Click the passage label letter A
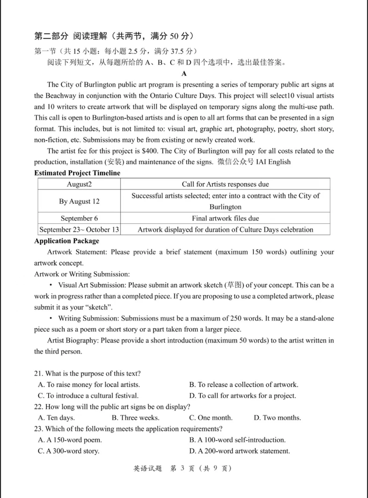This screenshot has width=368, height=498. (184, 74)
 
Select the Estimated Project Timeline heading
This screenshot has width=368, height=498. (77, 173)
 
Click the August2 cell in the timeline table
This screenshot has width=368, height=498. (79, 184)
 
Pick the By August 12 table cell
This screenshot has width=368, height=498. (79, 201)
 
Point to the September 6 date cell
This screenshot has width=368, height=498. (79, 218)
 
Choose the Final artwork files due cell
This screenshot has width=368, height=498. (225, 218)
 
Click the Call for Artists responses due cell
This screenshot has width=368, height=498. (225, 184)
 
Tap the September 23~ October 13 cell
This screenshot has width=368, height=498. (79, 229)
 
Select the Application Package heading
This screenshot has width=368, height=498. (67, 241)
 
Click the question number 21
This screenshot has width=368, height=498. (38, 374)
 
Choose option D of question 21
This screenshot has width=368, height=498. (243, 396)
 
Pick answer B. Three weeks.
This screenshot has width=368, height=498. (136, 418)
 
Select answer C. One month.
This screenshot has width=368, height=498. (211, 418)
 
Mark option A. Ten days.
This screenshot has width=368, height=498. (56, 418)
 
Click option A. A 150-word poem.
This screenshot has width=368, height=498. (70, 440)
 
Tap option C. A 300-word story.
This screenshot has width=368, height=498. (68, 451)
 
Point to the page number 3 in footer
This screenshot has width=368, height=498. (182, 468)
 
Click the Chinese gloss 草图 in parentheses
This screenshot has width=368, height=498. (235, 285)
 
